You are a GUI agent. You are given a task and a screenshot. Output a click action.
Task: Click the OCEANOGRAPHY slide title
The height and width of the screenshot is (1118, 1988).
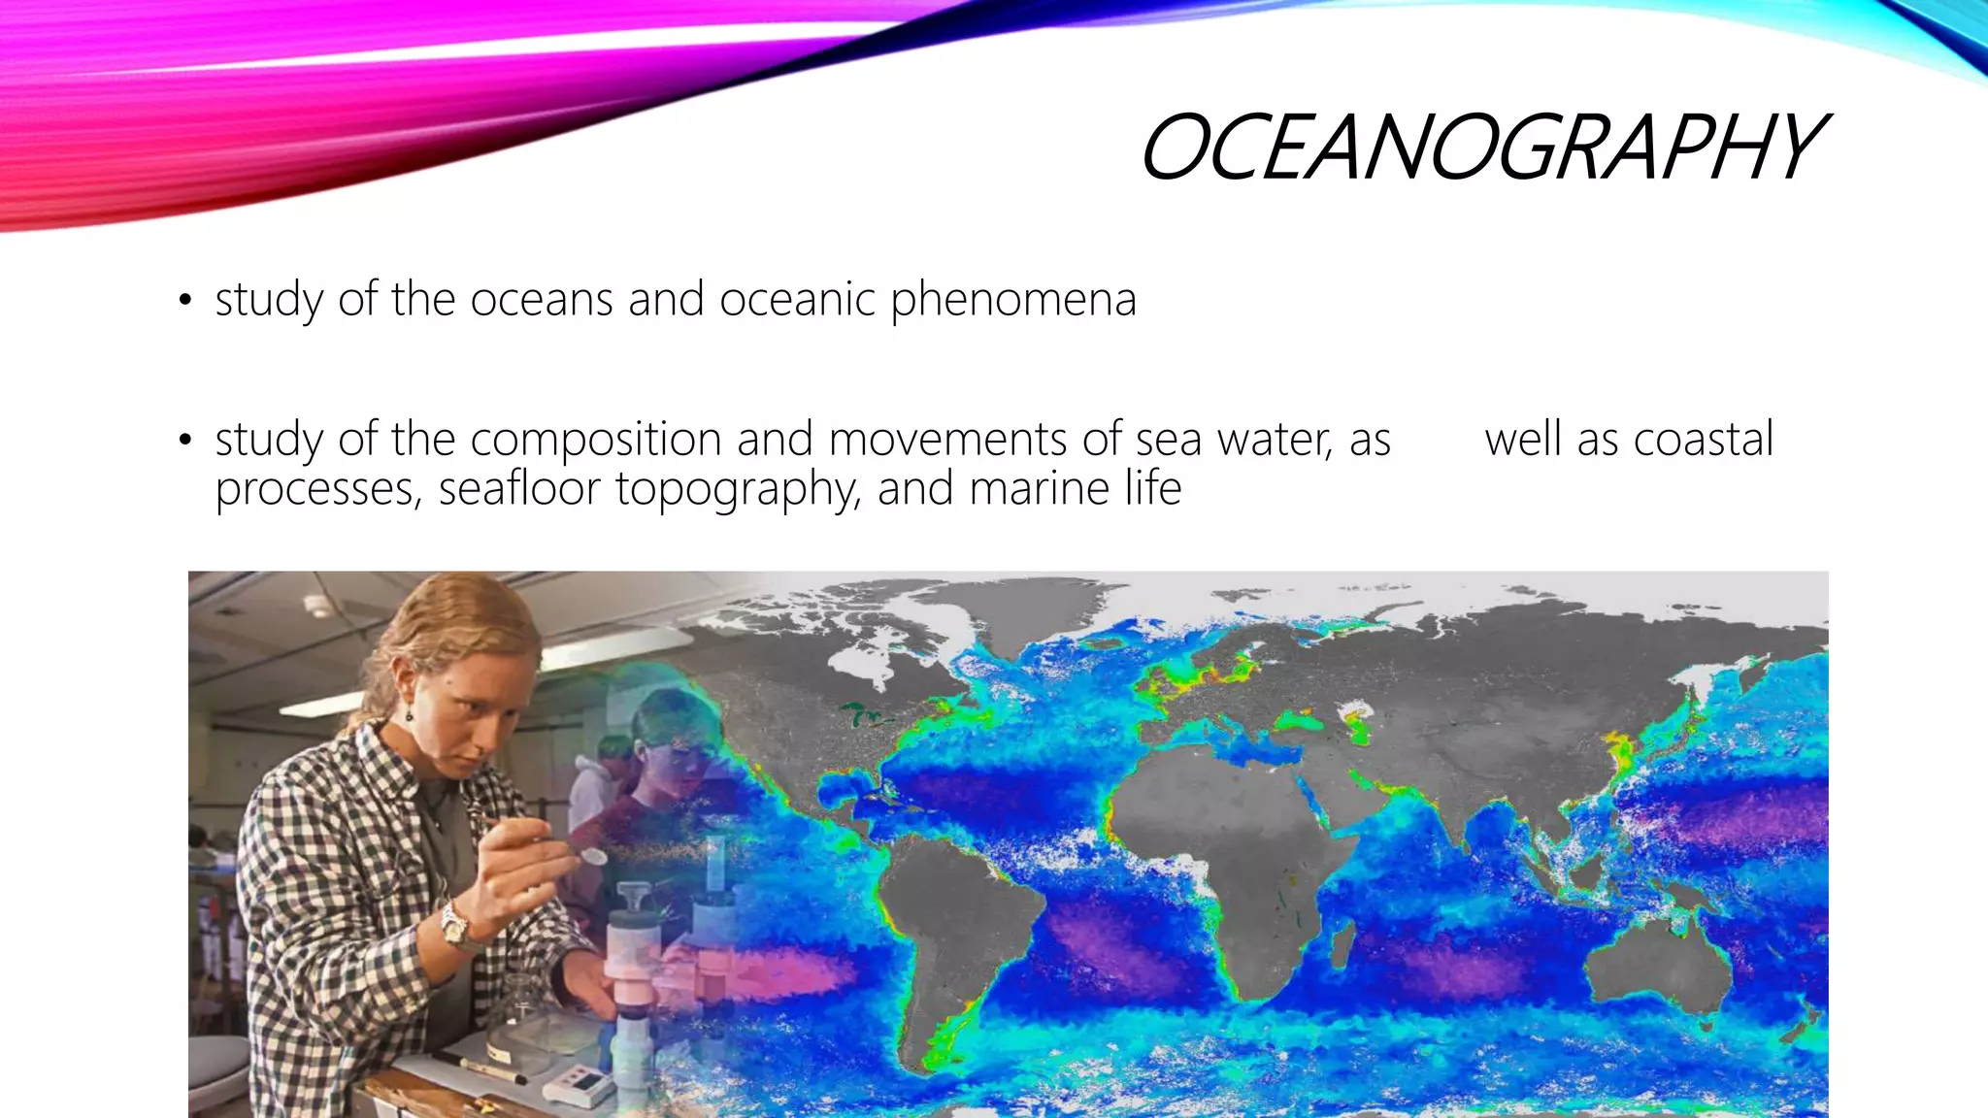[1481, 147]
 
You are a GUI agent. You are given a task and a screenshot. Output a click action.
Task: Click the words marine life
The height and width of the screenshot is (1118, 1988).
[1075, 488]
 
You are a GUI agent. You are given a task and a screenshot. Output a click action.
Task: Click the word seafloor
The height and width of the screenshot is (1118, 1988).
[519, 488]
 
